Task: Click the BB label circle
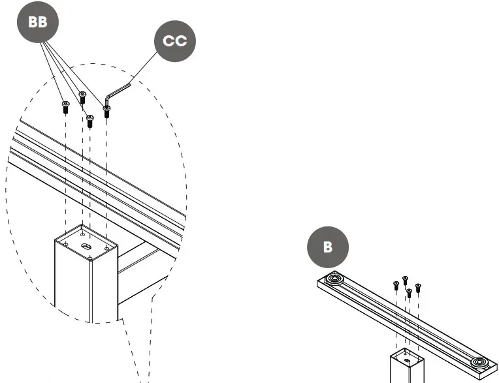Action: pyautogui.click(x=38, y=22)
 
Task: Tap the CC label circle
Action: pyautogui.click(x=174, y=41)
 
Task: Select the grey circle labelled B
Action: pyautogui.click(x=328, y=247)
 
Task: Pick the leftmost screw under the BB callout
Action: pyautogui.click(x=65, y=107)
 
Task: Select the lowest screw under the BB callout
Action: pyautogui.click(x=90, y=121)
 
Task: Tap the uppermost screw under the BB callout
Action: pyautogui.click(x=82, y=97)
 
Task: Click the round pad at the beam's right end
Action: pyautogui.click(x=479, y=362)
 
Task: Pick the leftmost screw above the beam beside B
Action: pyautogui.click(x=396, y=285)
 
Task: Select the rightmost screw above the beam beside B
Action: pyautogui.click(x=418, y=287)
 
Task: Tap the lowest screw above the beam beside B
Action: pyautogui.click(x=409, y=293)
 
